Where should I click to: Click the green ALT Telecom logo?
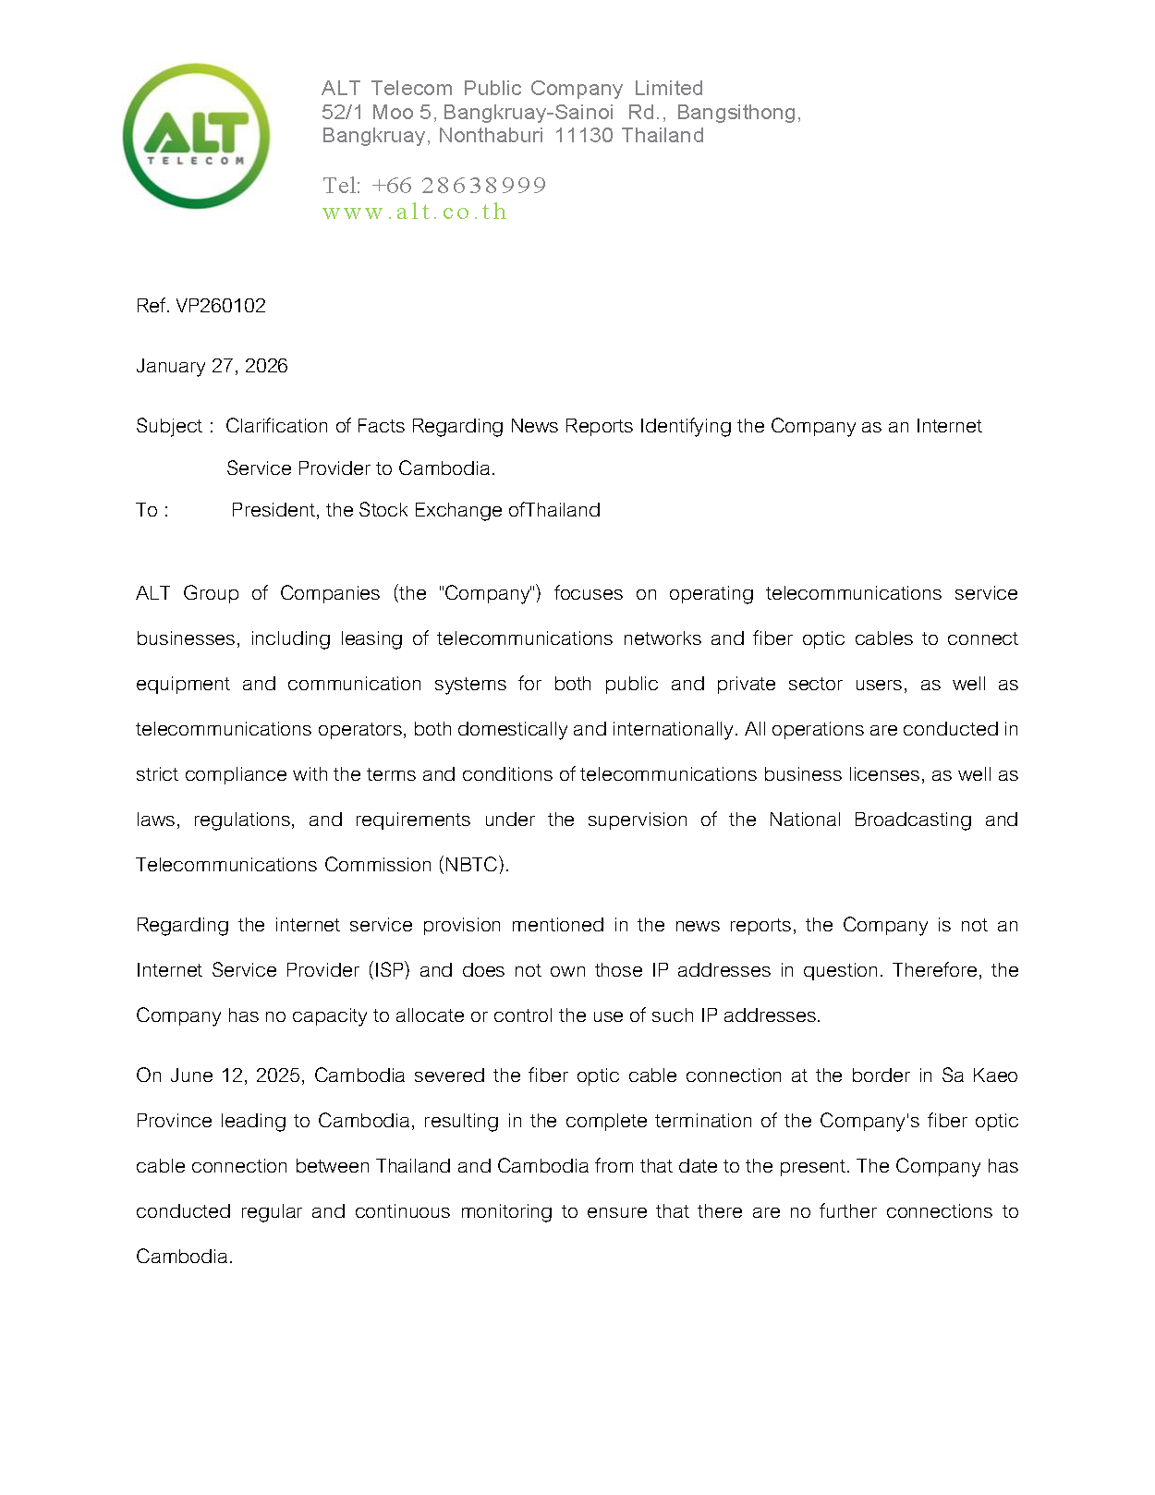(196, 136)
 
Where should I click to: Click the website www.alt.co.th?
(415, 212)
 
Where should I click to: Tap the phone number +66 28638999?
(458, 186)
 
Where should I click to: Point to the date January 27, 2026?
(212, 366)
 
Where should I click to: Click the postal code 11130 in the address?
(584, 136)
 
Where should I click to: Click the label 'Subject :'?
(175, 426)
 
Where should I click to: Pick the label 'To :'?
(152, 510)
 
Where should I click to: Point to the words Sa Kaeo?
(979, 1076)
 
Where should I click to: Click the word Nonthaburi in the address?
(491, 136)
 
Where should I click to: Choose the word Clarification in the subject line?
(277, 426)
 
